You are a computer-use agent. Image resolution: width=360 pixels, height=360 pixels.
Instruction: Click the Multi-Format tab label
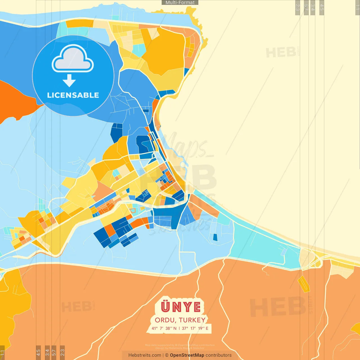click(x=180, y=3)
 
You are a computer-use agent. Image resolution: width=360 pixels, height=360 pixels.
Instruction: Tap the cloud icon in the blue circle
click(x=73, y=59)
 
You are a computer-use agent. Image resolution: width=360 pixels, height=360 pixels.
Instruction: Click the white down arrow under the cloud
click(x=69, y=80)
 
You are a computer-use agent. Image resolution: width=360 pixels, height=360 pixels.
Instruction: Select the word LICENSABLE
click(x=73, y=95)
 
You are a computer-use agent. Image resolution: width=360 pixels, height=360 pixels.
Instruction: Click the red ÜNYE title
click(x=181, y=307)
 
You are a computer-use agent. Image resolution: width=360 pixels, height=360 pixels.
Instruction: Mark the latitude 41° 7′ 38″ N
click(x=164, y=328)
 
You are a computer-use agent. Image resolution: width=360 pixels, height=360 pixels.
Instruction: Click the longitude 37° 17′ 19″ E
click(x=195, y=328)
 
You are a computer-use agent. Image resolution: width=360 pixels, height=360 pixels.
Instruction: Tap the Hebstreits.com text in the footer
click(x=145, y=355)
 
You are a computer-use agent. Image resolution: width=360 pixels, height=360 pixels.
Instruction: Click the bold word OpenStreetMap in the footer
click(x=187, y=355)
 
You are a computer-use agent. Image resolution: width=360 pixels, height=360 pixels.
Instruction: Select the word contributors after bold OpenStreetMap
click(x=219, y=355)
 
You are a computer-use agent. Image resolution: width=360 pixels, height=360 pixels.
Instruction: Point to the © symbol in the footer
click(x=167, y=355)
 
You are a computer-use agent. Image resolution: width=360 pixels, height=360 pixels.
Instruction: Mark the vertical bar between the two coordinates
click(x=179, y=328)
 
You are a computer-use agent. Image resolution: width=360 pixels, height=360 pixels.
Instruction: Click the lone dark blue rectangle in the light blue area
click(x=215, y=237)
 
